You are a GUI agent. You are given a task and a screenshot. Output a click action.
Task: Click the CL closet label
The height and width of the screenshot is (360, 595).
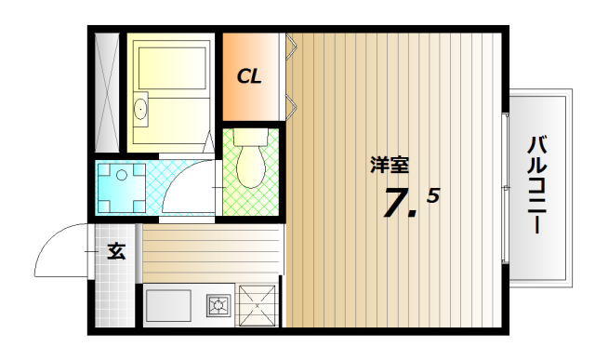pos(248,76)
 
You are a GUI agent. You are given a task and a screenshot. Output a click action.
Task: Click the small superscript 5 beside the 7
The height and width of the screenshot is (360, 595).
pos(433,195)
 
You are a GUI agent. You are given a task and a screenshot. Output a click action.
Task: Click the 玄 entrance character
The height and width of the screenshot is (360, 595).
pos(116,251)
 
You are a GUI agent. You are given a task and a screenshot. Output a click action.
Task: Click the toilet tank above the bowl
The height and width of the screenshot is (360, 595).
pos(250,138)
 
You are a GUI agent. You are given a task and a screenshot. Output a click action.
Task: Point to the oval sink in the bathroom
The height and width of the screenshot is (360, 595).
pos(141,110)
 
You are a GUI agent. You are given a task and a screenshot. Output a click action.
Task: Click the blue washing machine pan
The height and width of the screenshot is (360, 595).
pos(122,188)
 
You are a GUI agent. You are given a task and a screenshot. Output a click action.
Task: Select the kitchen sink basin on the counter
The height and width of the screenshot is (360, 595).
pos(167,305)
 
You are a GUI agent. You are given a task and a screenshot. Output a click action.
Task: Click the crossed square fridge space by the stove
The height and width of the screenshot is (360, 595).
pos(258,304)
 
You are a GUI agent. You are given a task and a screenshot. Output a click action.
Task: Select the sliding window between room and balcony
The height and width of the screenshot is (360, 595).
pos(505,186)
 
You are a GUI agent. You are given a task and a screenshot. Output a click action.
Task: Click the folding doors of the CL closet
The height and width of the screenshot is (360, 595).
pos(290,74)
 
